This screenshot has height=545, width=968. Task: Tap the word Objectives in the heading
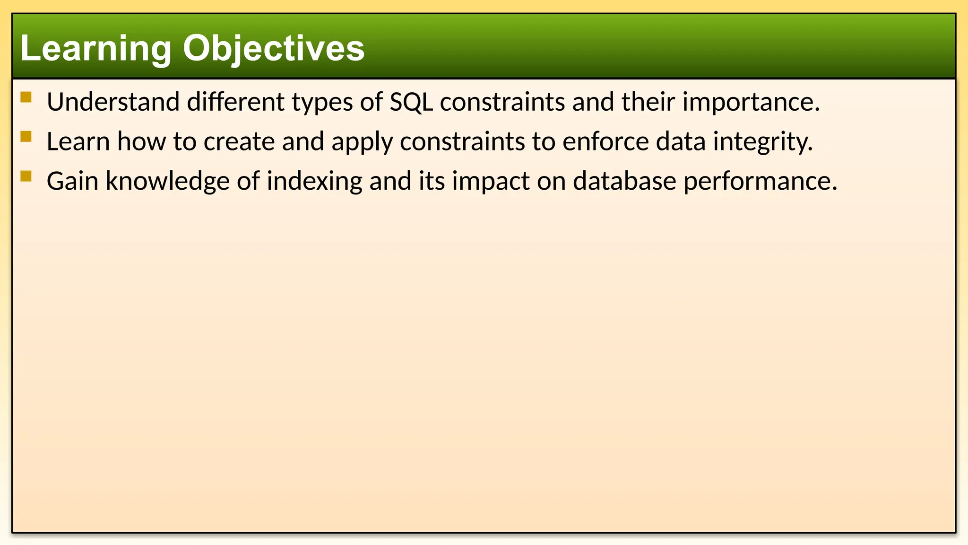pyautogui.click(x=274, y=49)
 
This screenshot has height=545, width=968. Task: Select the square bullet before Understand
pyautogui.click(x=26, y=97)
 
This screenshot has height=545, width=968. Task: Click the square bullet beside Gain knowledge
pyautogui.click(x=26, y=176)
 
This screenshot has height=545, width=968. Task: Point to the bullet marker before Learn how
pyautogui.click(x=26, y=137)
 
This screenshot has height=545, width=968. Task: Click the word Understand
pyautogui.click(x=113, y=102)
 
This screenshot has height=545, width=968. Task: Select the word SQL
pyautogui.click(x=411, y=102)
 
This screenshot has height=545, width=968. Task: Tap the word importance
pyautogui.click(x=751, y=102)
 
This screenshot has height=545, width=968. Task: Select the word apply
pyautogui.click(x=362, y=142)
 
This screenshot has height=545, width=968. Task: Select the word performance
pyautogui.click(x=760, y=182)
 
